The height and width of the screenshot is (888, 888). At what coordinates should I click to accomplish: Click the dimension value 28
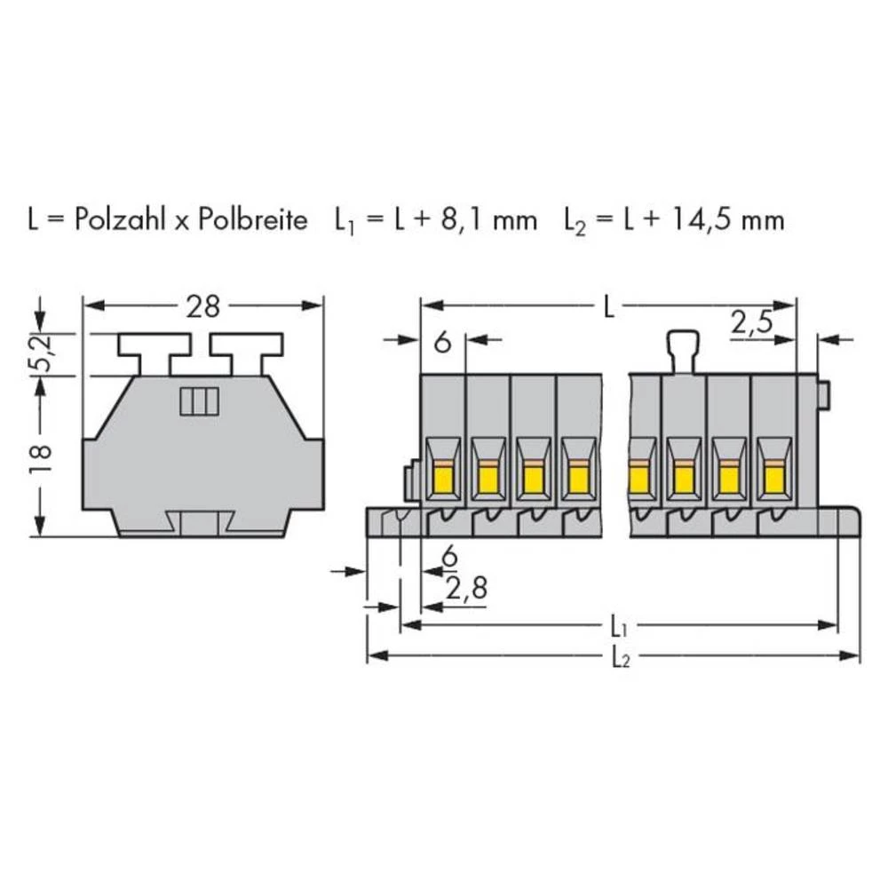[x=202, y=307]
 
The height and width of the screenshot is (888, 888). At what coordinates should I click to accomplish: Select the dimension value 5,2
[x=40, y=354]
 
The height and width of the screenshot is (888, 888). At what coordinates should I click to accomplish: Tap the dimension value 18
[x=40, y=457]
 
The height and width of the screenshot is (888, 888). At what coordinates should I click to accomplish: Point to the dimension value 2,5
[x=751, y=323]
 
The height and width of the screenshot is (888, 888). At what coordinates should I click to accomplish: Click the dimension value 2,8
[x=467, y=589]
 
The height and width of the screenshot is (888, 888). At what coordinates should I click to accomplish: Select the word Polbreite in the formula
[x=252, y=219]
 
